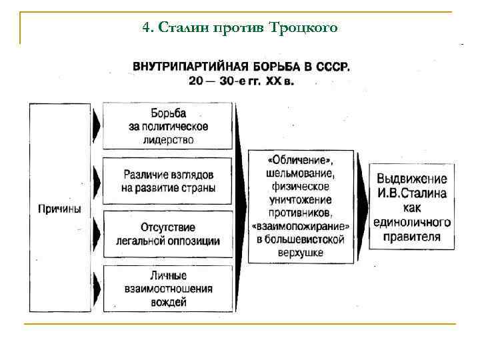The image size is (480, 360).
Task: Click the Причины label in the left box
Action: [x=59, y=209]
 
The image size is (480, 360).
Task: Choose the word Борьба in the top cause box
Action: [x=168, y=113]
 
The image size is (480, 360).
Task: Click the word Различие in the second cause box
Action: [x=143, y=174]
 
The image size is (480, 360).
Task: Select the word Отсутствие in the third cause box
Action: [x=168, y=227]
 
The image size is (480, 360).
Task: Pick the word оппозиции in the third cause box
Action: [x=193, y=241]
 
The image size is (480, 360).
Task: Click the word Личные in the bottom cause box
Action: [x=168, y=276]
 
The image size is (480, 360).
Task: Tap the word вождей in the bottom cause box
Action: [x=168, y=301]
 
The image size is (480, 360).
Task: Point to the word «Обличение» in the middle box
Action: [x=300, y=161]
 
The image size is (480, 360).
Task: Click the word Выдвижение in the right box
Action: [x=411, y=179]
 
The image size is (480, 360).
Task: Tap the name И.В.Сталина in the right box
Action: [x=411, y=194]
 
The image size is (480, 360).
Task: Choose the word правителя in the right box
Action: [x=411, y=237]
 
